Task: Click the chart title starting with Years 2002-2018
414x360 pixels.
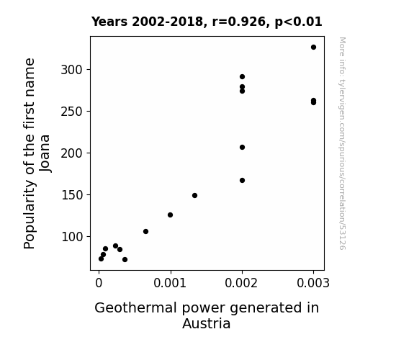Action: pyautogui.click(x=207, y=22)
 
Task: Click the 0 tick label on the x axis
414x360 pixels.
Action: pyautogui.click(x=99, y=283)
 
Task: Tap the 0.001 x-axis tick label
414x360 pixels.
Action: pyautogui.click(x=170, y=283)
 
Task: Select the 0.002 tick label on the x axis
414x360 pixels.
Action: pyautogui.click(x=241, y=283)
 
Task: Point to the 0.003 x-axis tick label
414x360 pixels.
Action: pyautogui.click(x=313, y=283)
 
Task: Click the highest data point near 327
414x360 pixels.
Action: pyautogui.click(x=313, y=48)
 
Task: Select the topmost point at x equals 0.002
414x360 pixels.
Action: pyautogui.click(x=242, y=77)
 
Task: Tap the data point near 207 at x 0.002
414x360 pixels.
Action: pyautogui.click(x=242, y=148)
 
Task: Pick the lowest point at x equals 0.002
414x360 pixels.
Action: pyautogui.click(x=242, y=181)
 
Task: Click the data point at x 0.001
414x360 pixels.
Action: pyautogui.click(x=171, y=215)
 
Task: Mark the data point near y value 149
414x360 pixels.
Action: pyautogui.click(x=194, y=196)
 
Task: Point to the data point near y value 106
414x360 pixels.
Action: pyautogui.click(x=145, y=232)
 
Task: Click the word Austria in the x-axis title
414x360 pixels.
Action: pyautogui.click(x=207, y=323)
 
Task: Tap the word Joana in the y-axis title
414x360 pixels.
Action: pyautogui.click(x=45, y=153)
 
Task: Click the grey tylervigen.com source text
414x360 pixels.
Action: pyautogui.click(x=342, y=143)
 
